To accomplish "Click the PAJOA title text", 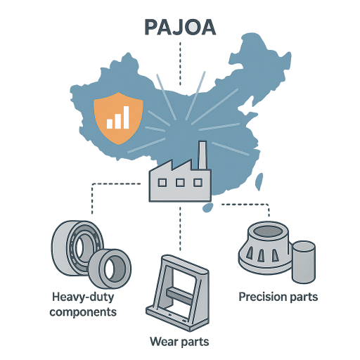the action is point(180,27).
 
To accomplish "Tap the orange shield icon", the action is point(118,118).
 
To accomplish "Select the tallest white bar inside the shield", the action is point(126,117).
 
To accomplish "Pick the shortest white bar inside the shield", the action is point(110,124).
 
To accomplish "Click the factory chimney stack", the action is point(202,155).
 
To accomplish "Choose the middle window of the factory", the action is point(180,182).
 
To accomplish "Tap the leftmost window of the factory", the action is point(162,182).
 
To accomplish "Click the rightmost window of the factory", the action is point(198,182).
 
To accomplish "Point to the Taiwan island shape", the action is point(259,181).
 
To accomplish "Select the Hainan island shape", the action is point(207,207).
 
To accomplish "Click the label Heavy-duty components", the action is point(83,304).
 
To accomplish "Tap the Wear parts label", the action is point(179,342).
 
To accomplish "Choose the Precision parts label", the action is point(278,297).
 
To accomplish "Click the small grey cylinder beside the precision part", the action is point(304,262).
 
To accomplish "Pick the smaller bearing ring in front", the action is point(110,269).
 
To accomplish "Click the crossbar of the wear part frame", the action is point(179,295).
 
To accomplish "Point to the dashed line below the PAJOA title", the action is point(180,64).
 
